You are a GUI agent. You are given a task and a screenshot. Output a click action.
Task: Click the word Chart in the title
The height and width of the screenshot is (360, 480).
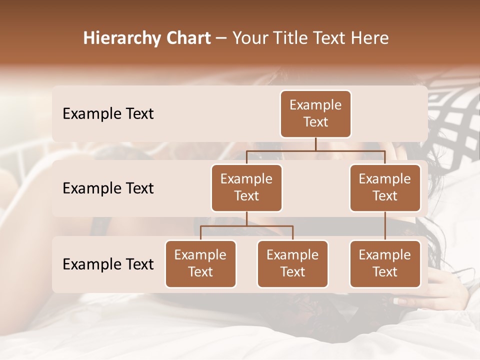tap(188, 38)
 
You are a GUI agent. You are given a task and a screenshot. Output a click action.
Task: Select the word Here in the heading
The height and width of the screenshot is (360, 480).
tap(370, 38)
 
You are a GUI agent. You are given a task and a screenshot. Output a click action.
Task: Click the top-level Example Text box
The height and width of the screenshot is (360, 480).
tap(315, 113)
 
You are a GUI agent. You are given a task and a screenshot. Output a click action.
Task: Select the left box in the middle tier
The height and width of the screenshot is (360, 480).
tap(246, 187)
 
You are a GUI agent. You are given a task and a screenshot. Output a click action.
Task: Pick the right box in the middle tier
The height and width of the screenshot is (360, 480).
tap(385, 187)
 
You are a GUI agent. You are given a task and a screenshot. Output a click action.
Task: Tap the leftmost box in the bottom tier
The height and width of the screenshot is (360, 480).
tap(200, 263)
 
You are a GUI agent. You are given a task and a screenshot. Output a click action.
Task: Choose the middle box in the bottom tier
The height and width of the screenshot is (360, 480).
tap(292, 263)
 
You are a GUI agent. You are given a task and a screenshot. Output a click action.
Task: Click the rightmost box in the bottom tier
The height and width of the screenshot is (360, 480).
tap(385, 263)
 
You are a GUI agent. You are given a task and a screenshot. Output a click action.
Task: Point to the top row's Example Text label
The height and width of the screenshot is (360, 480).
tap(108, 113)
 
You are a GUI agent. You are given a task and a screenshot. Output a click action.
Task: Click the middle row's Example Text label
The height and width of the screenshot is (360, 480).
tap(108, 188)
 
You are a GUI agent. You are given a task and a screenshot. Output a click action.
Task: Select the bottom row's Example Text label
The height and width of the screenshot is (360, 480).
tap(108, 264)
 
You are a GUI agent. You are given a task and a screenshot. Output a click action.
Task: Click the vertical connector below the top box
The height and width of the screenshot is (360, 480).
tap(315, 144)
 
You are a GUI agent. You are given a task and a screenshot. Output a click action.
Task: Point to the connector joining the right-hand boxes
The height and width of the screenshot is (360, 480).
tap(385, 225)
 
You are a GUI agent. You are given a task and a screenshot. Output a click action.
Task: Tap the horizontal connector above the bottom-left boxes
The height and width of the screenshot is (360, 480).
tap(246, 226)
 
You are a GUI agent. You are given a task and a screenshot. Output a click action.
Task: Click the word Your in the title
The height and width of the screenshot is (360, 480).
tap(250, 38)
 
